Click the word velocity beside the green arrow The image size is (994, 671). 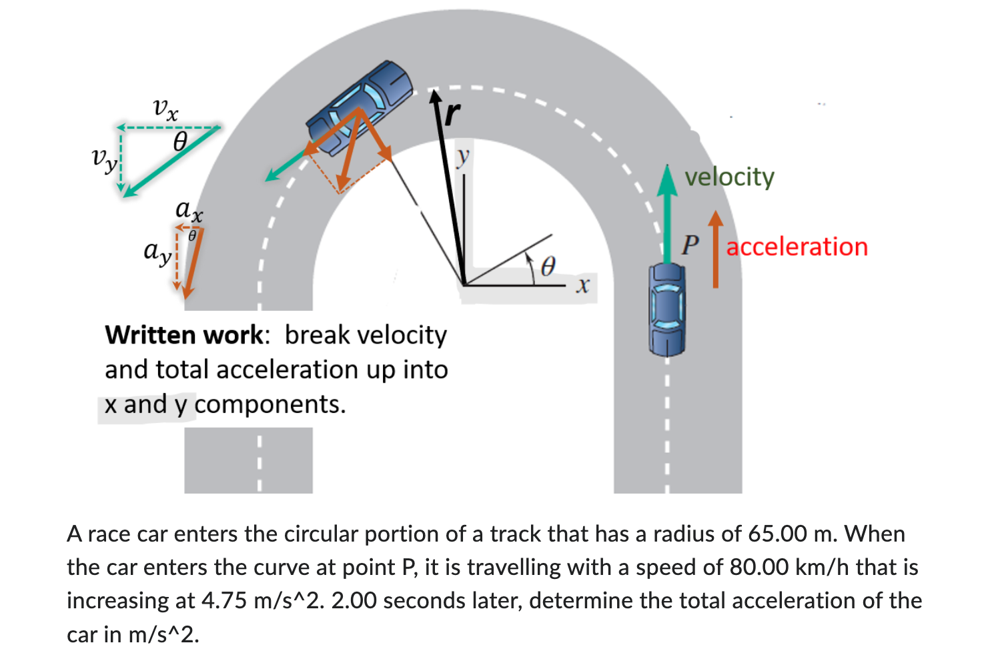pyautogui.click(x=729, y=177)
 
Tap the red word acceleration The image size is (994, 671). pyautogui.click(x=797, y=247)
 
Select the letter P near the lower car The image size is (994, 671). pyautogui.click(x=690, y=245)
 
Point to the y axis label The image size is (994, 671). pyautogui.click(x=462, y=157)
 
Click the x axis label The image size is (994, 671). pyautogui.click(x=582, y=285)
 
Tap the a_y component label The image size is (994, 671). pyautogui.click(x=158, y=252)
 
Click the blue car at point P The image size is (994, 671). pyautogui.click(x=666, y=308)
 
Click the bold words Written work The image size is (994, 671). pyautogui.click(x=184, y=335)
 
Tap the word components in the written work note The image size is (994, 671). pyautogui.click(x=270, y=404)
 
